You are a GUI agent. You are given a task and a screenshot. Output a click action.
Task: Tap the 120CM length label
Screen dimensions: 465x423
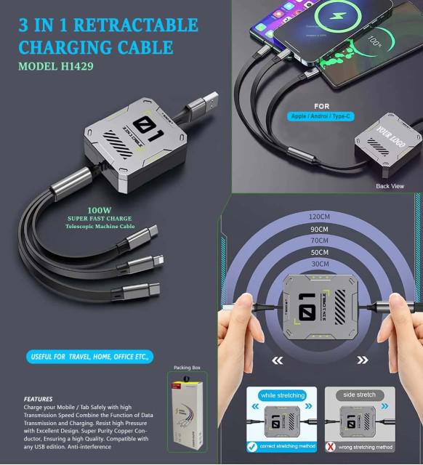[319, 217]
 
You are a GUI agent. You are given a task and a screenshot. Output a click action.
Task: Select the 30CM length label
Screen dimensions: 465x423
[319, 264]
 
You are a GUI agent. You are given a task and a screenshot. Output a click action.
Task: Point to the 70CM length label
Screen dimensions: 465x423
[319, 240]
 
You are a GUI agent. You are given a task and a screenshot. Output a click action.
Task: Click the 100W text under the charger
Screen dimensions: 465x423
[100, 210]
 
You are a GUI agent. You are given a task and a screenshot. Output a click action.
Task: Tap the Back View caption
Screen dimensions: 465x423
[390, 186]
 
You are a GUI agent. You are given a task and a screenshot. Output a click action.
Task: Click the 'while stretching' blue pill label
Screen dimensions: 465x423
[282, 395]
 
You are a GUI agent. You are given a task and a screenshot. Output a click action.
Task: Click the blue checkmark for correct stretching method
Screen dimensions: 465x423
[251, 446]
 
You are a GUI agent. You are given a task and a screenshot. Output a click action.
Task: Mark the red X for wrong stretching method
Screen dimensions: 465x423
[331, 446]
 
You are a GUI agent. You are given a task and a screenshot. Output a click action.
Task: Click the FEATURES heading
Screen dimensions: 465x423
[38, 399]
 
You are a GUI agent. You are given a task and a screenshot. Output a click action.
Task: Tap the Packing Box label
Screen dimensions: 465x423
[187, 368]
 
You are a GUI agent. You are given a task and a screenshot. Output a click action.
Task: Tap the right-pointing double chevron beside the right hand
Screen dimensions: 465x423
[363, 360]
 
